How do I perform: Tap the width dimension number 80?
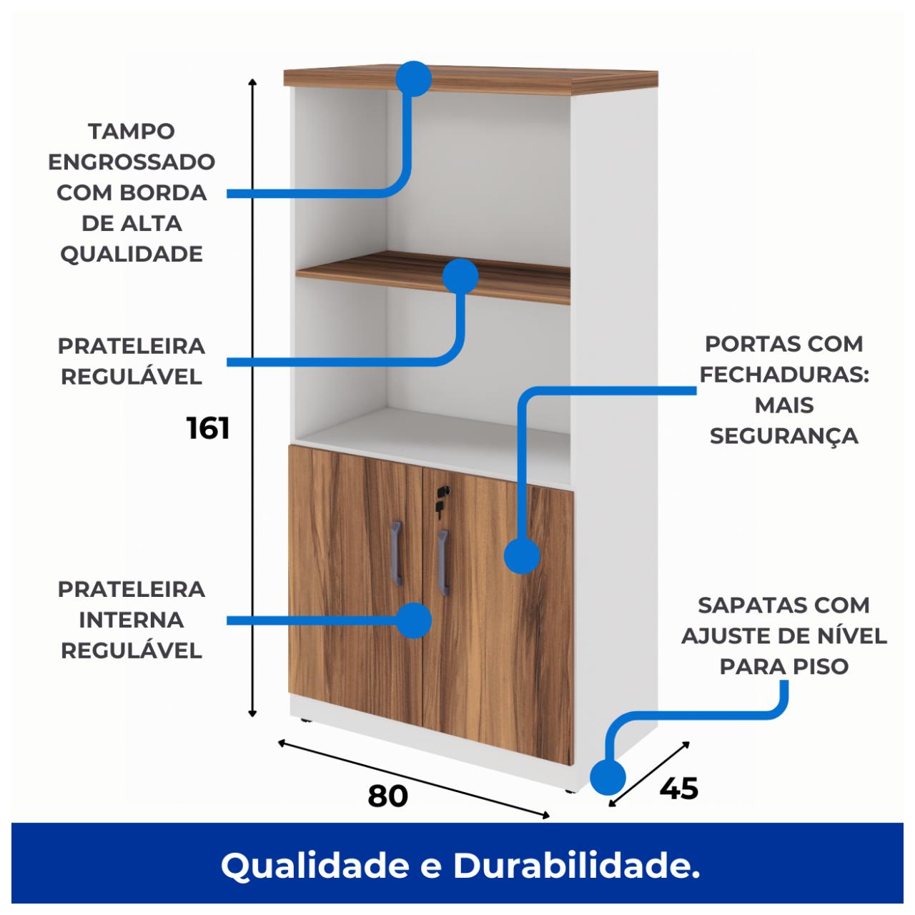coord(387,796)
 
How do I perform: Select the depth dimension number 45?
coord(678,788)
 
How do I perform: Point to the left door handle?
coord(397,553)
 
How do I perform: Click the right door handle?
coord(442,563)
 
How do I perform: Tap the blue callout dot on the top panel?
coord(414,79)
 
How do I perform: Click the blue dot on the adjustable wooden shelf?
coord(460,277)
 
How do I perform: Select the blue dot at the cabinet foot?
coord(608,777)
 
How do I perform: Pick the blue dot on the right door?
coord(522,555)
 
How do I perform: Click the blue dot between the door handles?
coord(414,620)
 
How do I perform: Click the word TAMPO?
coord(132,132)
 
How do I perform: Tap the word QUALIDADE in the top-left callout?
coord(132,254)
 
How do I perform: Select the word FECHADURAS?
coord(784,375)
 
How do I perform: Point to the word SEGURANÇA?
coord(784,436)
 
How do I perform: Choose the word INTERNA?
coord(132,620)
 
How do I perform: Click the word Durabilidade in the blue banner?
coord(576,866)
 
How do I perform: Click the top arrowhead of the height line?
coord(252,81)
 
